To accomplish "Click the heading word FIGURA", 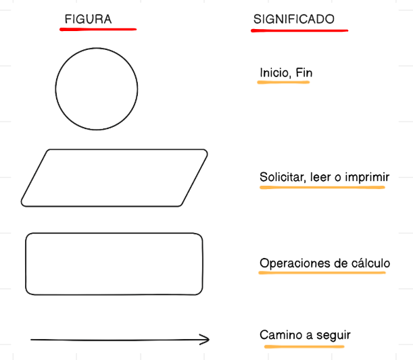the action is (88, 20).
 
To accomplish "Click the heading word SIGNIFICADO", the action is (294, 20).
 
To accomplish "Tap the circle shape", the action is (97, 88).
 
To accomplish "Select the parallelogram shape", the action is (114, 178).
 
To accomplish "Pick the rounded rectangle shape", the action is (114, 264).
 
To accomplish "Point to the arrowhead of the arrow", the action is (204, 340).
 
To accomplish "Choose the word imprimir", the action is (367, 178).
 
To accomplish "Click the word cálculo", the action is (369, 263).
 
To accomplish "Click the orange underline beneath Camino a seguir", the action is (304, 346).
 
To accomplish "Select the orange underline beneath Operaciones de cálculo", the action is (322, 273).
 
